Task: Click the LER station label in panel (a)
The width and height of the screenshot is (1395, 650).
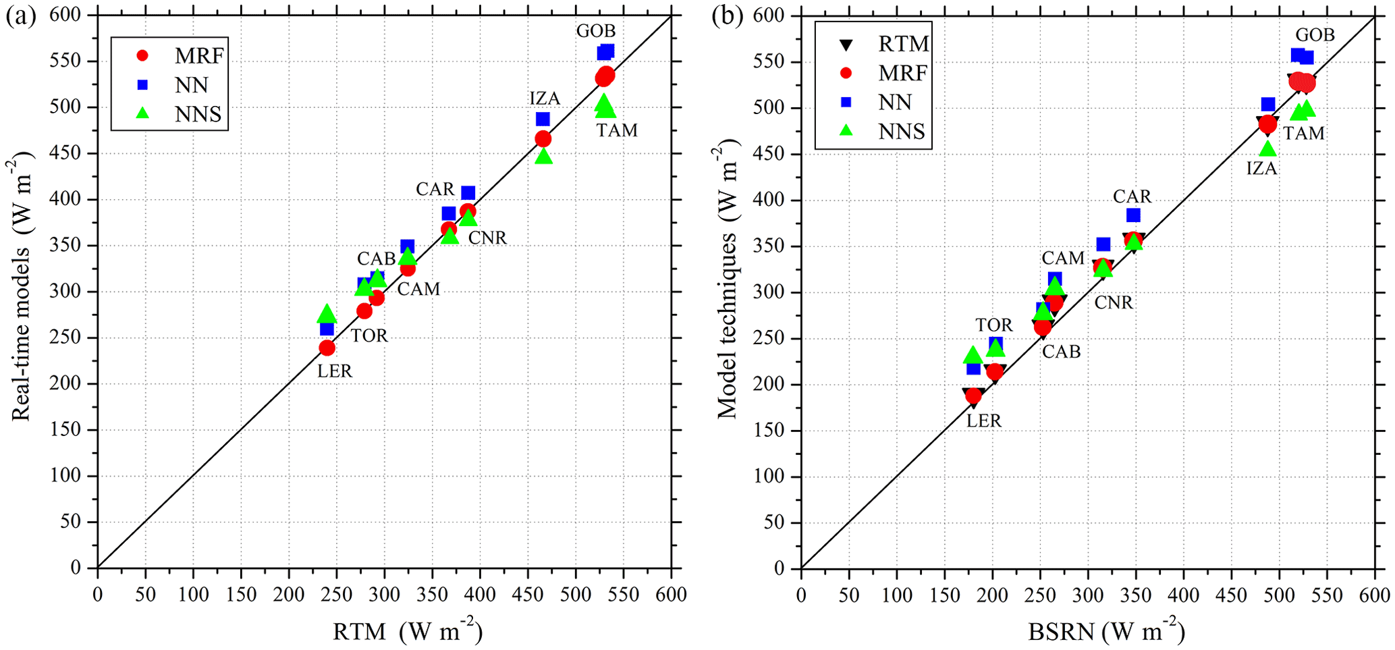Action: (335, 371)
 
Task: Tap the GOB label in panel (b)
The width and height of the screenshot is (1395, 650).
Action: (1315, 35)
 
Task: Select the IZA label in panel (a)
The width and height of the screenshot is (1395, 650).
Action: (545, 99)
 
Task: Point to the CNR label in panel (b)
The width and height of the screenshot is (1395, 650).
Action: (1114, 302)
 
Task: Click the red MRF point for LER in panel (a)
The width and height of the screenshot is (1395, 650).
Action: (327, 348)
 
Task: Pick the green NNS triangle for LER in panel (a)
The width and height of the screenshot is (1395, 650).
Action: (327, 314)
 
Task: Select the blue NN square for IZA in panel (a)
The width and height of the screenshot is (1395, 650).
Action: (543, 119)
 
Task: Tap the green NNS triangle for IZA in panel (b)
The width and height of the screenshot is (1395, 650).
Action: (1267, 148)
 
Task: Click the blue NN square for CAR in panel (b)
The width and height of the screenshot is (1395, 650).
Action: (1133, 215)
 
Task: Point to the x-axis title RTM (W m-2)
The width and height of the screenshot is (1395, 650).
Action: (408, 632)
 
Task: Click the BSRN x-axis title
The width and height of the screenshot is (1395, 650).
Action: (1106, 632)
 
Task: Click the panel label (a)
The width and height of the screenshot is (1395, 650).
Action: (20, 16)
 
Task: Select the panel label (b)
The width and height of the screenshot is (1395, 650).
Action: (727, 16)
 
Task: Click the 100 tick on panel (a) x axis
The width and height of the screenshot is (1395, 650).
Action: (193, 594)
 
